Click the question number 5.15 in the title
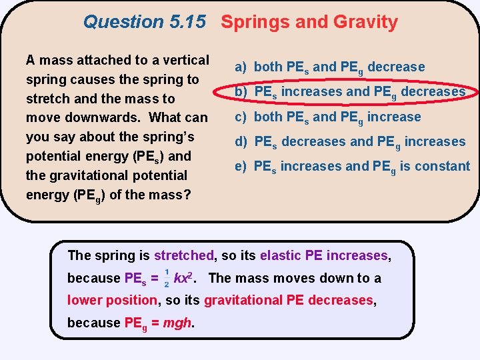click(x=187, y=22)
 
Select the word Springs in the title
click(x=254, y=22)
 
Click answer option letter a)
click(x=241, y=67)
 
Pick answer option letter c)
click(x=241, y=117)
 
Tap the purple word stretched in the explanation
click(x=184, y=255)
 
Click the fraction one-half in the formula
click(x=166, y=279)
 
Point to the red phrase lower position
click(x=112, y=300)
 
